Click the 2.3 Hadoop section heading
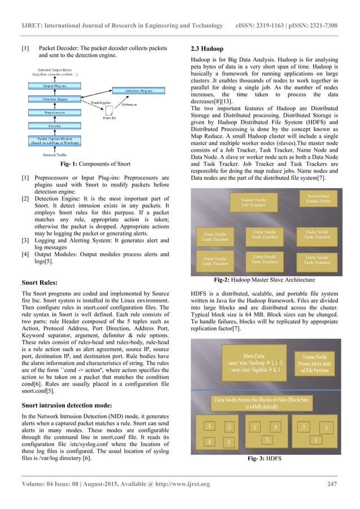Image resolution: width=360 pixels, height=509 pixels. tap(208, 50)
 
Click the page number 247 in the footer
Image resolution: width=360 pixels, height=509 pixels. tap(333, 498)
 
